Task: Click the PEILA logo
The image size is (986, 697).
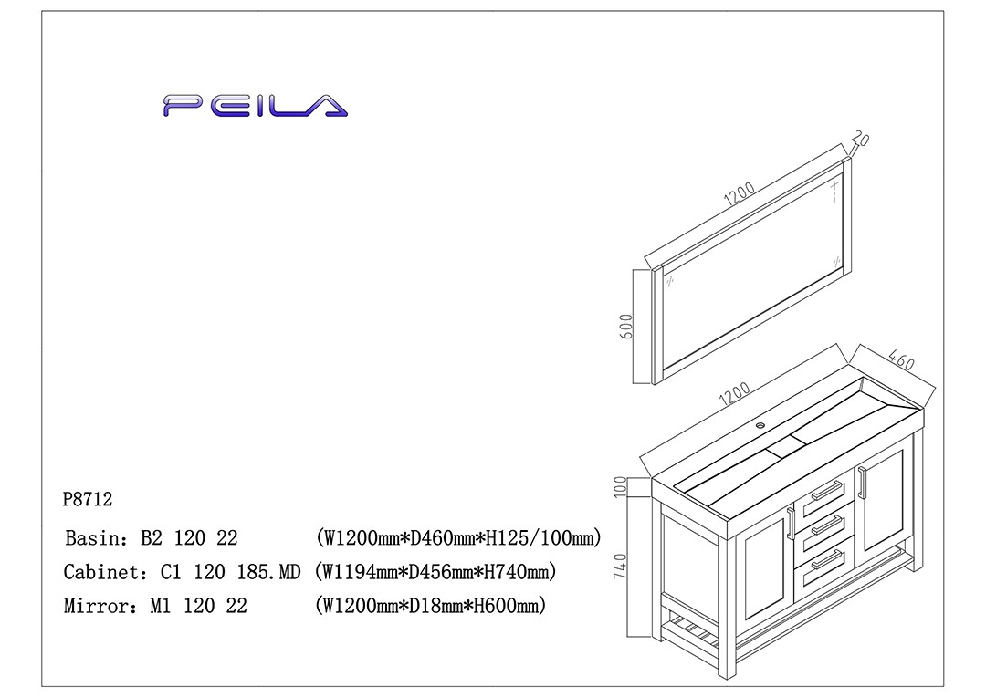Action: click(256, 106)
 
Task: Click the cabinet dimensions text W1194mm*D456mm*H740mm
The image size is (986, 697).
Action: click(434, 573)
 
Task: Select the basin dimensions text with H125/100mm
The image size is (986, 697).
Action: click(457, 538)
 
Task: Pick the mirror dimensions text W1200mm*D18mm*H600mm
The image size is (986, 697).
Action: click(429, 606)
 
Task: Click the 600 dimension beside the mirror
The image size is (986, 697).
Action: click(626, 327)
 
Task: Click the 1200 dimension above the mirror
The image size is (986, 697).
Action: click(739, 194)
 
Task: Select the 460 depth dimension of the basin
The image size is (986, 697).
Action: click(900, 360)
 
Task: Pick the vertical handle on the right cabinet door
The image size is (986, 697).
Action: click(861, 483)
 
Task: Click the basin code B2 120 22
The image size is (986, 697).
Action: click(189, 538)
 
